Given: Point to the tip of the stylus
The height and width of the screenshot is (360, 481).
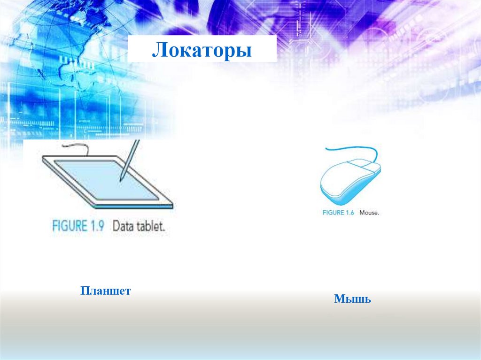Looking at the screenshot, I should pyautogui.click(x=121, y=180).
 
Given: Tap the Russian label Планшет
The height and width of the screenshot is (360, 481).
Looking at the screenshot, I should pyautogui.click(x=105, y=291).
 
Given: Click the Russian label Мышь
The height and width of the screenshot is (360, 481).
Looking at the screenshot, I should pyautogui.click(x=352, y=299).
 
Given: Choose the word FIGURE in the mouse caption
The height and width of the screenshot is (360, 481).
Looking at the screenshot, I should pyautogui.click(x=334, y=213).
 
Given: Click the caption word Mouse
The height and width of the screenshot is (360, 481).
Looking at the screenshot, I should pyautogui.click(x=369, y=213).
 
